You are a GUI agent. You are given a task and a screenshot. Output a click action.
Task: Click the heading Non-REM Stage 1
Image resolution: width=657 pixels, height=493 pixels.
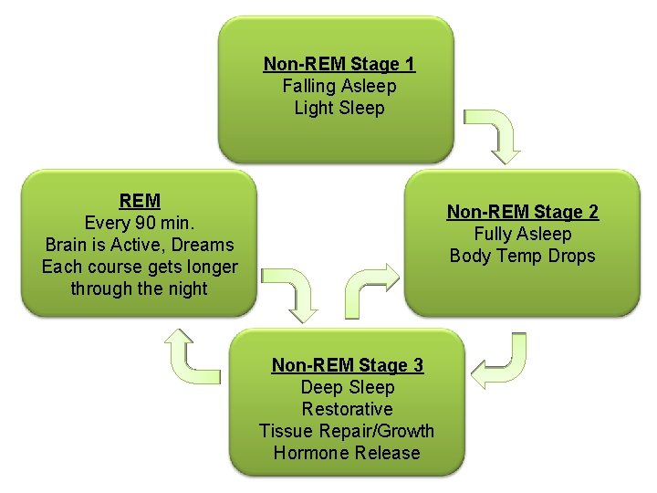click(339, 64)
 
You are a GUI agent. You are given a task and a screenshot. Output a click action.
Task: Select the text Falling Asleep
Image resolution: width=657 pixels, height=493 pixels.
click(339, 86)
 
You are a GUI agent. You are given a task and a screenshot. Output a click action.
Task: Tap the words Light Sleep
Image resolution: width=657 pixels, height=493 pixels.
click(339, 108)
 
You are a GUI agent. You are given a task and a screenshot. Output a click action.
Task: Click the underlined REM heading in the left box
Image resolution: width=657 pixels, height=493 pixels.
click(140, 201)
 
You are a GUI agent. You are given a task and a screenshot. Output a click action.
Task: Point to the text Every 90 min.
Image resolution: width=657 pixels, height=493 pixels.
click(140, 223)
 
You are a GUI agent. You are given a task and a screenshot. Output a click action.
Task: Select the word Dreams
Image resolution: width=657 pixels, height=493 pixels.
click(206, 245)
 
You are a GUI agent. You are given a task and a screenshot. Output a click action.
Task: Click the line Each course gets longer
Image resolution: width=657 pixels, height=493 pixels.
click(140, 267)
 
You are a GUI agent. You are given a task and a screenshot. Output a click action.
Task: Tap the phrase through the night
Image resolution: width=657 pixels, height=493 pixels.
click(140, 288)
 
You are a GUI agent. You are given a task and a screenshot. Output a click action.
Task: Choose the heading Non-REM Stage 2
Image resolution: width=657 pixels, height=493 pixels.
click(522, 212)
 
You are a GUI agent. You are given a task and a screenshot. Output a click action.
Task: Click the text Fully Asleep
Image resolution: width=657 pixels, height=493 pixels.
click(522, 234)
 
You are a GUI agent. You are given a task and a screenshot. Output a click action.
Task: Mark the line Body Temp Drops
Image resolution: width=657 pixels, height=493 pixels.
click(522, 256)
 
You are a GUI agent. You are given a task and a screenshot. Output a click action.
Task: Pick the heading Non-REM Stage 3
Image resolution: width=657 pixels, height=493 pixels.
click(347, 365)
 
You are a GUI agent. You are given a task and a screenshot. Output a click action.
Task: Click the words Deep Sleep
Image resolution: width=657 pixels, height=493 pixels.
click(347, 387)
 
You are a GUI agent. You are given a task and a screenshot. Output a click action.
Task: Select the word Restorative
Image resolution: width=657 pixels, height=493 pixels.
click(347, 409)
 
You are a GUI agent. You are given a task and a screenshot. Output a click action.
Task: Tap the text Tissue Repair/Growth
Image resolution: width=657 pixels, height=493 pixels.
click(347, 431)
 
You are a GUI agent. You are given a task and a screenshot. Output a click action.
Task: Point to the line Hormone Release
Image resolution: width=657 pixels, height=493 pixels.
click(347, 453)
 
